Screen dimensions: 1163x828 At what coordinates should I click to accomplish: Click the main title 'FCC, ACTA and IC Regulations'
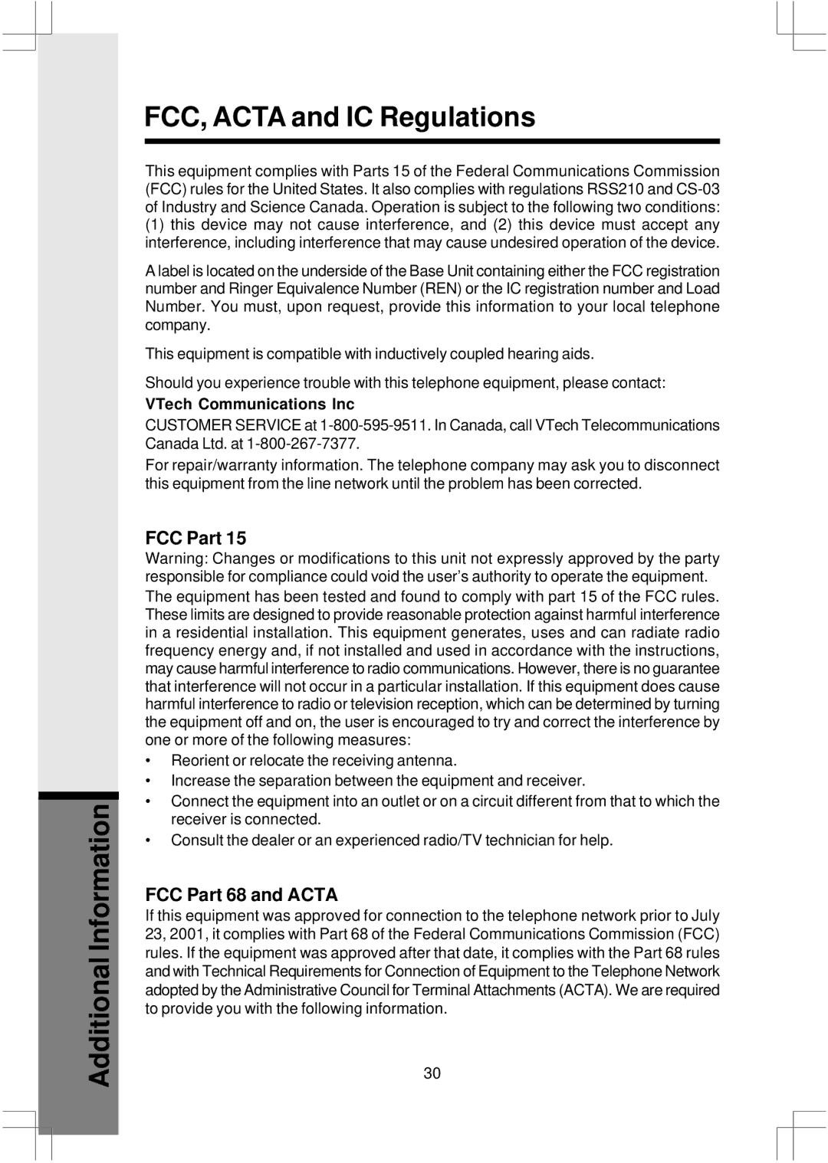click(340, 117)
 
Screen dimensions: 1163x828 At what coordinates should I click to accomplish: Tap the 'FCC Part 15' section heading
click(195, 538)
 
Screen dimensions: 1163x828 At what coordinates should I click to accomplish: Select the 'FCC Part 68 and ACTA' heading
click(242, 895)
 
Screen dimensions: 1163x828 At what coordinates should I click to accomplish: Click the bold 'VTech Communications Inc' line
click(250, 404)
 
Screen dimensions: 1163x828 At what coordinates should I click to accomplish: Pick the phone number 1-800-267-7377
click(303, 444)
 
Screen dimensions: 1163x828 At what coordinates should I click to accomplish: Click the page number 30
click(432, 1073)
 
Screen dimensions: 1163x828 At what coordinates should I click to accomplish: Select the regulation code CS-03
click(698, 189)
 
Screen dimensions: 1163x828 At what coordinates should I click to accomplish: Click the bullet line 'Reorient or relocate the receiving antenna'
click(314, 761)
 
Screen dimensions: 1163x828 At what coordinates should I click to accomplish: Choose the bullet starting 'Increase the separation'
click(378, 781)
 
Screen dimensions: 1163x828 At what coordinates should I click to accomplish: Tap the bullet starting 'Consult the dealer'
click(392, 840)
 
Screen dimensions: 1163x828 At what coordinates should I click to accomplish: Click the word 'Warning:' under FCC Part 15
click(176, 559)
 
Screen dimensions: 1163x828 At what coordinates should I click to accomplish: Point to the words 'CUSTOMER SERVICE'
click(223, 425)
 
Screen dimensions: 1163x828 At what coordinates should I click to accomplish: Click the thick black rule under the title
click(432, 142)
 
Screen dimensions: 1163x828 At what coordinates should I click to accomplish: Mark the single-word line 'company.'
click(178, 325)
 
